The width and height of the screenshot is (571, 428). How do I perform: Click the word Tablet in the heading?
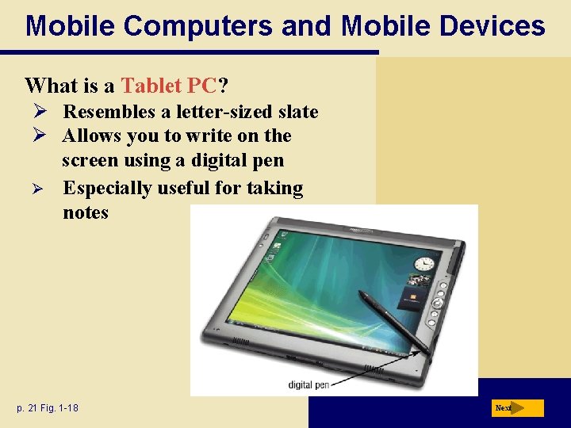150,85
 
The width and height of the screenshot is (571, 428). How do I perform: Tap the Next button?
517,408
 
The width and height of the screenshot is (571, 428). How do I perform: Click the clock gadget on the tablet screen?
425,264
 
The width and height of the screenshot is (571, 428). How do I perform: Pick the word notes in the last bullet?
86,212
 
